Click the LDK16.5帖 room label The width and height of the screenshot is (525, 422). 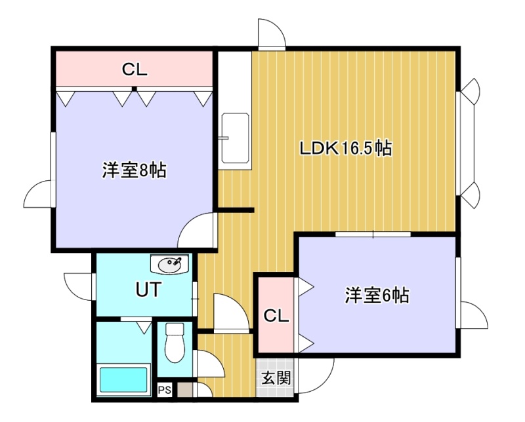[x=346, y=148]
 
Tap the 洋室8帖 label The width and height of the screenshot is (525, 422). [x=135, y=170]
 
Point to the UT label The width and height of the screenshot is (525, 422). [x=148, y=289]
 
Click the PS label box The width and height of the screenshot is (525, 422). [x=165, y=390]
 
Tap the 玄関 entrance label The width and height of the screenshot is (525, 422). [x=276, y=378]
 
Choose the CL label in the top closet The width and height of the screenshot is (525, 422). [x=135, y=69]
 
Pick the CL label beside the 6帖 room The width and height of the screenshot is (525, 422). [x=276, y=315]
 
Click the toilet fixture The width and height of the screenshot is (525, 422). [x=175, y=343]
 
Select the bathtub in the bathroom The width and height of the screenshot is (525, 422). [x=123, y=380]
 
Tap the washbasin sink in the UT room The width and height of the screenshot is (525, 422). [x=170, y=265]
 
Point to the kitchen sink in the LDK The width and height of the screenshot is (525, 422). [x=236, y=138]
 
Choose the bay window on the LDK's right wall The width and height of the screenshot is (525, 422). [x=468, y=143]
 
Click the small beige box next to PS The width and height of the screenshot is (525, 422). [x=185, y=391]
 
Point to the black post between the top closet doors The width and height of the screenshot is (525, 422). [x=135, y=88]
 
